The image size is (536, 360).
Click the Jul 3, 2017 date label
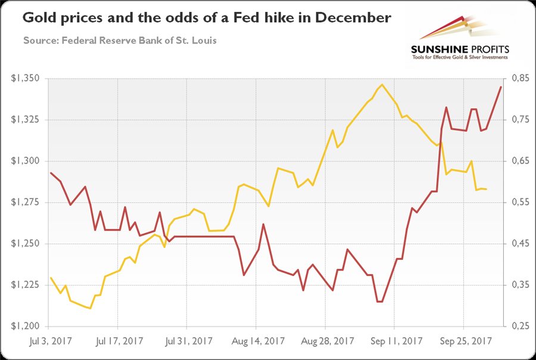[50, 342]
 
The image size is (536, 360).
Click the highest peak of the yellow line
[382, 85]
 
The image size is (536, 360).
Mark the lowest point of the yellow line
[89, 308]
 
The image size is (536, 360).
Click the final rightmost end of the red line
[501, 87]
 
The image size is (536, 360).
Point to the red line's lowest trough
[379, 302]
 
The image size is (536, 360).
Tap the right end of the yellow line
[487, 189]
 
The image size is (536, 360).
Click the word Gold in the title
[37, 18]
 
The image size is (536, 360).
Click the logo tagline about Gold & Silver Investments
[457, 57]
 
